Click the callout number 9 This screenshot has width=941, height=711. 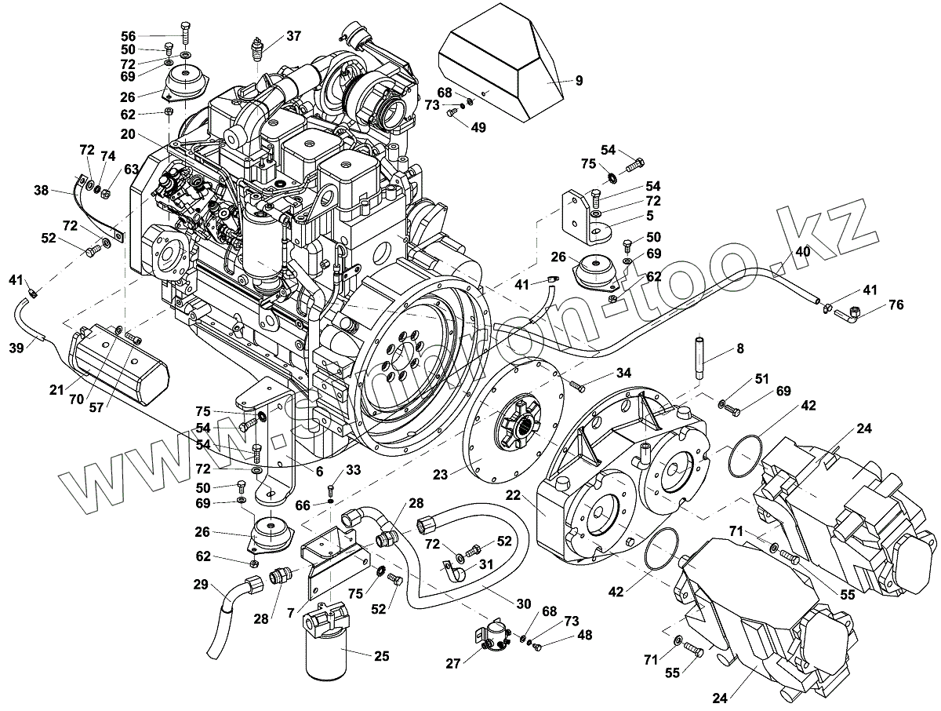(579, 79)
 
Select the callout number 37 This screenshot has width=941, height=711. (293, 36)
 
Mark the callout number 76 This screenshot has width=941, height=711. (897, 305)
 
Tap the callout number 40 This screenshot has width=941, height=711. (803, 252)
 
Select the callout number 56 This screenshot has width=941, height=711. (129, 36)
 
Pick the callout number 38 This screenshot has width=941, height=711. (41, 190)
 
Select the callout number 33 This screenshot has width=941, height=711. (353, 470)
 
